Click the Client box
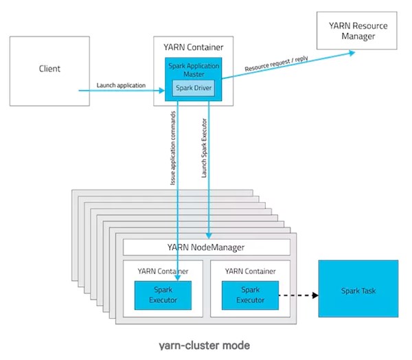coord(49,69)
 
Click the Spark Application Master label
coord(192,69)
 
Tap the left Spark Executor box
coord(163,295)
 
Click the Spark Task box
coord(358,289)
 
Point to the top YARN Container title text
coord(192,47)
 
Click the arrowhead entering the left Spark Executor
coord(177,278)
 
